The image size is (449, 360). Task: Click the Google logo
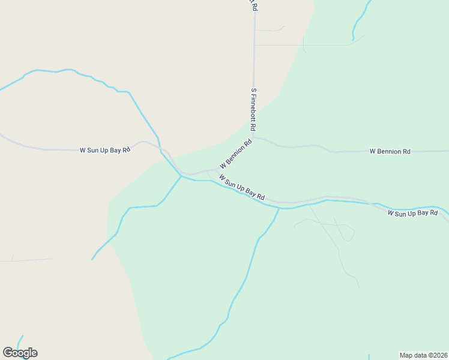point(20,353)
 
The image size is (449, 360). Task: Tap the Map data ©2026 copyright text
point(423,355)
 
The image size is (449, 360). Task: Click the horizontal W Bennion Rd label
point(390,152)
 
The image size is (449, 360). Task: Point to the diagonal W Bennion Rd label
point(235,155)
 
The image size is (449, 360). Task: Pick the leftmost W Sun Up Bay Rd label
point(105,150)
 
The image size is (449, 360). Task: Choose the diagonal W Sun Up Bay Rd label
point(242,188)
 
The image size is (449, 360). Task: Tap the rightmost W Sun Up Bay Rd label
point(418,213)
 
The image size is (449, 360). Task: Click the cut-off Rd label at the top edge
point(255,5)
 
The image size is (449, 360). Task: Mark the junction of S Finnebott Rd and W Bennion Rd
point(253,137)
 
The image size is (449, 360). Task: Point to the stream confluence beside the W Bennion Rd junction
point(181,176)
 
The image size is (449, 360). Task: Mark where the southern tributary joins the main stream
point(279,208)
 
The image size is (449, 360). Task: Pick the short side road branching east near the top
point(270,29)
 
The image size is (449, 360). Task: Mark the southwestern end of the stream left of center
point(92,259)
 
